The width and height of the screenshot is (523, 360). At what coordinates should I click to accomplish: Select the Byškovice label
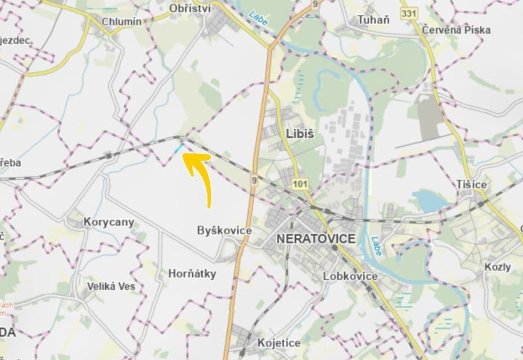click(224, 230)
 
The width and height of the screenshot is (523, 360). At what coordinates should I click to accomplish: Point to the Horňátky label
click(192, 274)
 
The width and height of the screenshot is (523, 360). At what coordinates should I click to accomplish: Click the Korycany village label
click(109, 222)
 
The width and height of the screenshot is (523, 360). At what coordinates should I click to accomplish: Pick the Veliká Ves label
click(111, 286)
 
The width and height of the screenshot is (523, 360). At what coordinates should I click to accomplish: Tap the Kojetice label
click(279, 343)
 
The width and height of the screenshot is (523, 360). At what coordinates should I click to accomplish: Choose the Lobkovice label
click(350, 276)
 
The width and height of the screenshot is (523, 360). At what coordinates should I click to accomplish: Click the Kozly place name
click(498, 267)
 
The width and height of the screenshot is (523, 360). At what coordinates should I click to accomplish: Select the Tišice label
click(471, 184)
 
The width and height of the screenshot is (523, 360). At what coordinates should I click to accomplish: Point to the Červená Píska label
click(456, 30)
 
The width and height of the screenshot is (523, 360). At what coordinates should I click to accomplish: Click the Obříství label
click(190, 8)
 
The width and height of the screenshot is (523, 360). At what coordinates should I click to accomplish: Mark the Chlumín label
click(122, 21)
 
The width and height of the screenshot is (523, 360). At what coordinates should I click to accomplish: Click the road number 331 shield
click(408, 13)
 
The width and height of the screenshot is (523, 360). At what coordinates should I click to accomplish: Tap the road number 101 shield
click(300, 184)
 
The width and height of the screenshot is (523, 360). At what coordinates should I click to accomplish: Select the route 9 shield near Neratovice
click(254, 181)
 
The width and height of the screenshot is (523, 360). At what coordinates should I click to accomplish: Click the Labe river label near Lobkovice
click(376, 246)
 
